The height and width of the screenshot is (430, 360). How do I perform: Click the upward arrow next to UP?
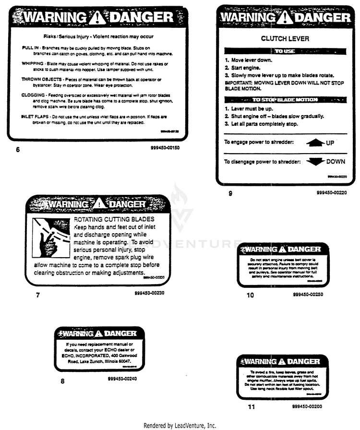coord(315,142)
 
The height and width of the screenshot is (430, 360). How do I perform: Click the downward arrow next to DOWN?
coord(315,162)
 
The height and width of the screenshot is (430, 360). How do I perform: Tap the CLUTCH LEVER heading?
coord(285,38)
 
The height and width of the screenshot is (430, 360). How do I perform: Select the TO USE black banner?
coord(285,51)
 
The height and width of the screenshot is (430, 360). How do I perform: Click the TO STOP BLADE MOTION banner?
coord(285,100)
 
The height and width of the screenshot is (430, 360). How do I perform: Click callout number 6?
coord(18,149)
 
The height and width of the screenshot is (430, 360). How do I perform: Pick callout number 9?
coord(230,193)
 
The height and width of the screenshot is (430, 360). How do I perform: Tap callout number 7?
coord(38,295)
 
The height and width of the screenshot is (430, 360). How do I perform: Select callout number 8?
coord(62,382)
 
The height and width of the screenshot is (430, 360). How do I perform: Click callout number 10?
coord(250,295)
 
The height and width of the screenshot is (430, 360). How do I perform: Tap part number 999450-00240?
coord(123,378)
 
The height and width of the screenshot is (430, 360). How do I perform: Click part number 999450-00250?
coord(308,294)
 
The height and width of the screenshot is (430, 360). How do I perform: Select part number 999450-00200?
coord(307,406)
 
